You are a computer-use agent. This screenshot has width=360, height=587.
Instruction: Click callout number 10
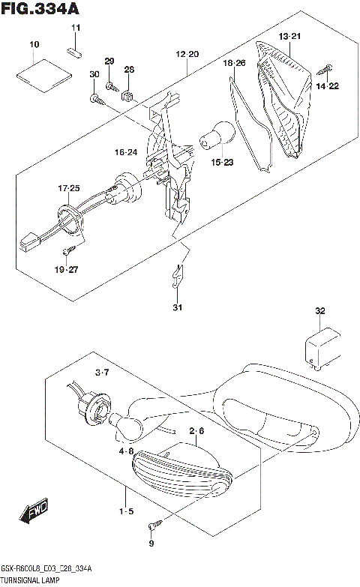[x=34, y=46]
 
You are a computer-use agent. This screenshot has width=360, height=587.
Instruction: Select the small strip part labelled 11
[x=75, y=51]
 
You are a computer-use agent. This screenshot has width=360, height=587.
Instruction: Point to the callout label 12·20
[x=187, y=54]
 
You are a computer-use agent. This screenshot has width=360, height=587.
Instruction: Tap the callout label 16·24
[x=126, y=152]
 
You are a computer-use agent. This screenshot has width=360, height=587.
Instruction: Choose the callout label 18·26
[x=234, y=64]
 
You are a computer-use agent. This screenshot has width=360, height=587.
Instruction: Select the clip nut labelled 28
[x=128, y=95]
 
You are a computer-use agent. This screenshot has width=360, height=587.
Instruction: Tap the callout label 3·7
[x=103, y=373]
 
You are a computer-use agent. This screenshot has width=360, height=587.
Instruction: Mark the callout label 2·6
[x=196, y=431]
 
